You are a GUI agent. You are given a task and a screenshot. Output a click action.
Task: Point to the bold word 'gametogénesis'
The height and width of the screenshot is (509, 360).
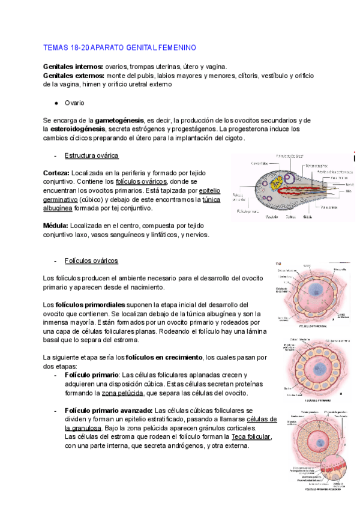pos(120,120)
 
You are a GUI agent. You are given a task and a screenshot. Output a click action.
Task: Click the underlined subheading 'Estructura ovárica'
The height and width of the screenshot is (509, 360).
pos(91,155)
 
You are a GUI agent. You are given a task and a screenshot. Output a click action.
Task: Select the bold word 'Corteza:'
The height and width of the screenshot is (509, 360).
pos(56,172)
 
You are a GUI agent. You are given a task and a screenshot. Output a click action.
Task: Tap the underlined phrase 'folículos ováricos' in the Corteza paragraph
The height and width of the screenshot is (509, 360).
pos(142,181)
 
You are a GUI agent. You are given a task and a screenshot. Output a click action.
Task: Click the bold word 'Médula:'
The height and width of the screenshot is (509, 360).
pos(56,226)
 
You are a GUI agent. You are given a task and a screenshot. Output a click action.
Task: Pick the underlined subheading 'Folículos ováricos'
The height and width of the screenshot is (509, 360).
pos(91,261)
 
